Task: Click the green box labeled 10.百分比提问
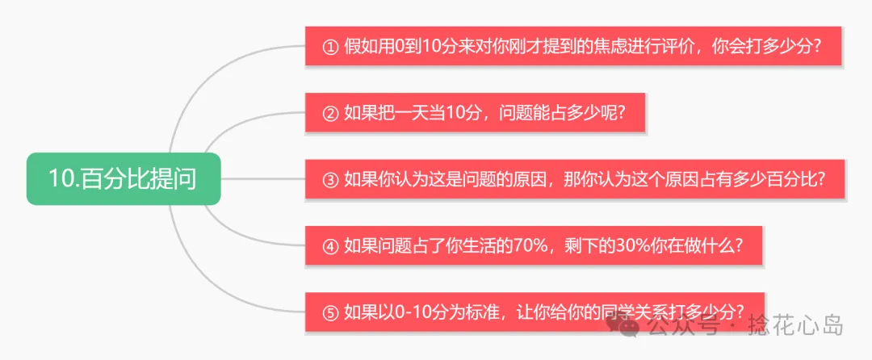(x=123, y=178)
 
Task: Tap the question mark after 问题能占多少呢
(x=620, y=113)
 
